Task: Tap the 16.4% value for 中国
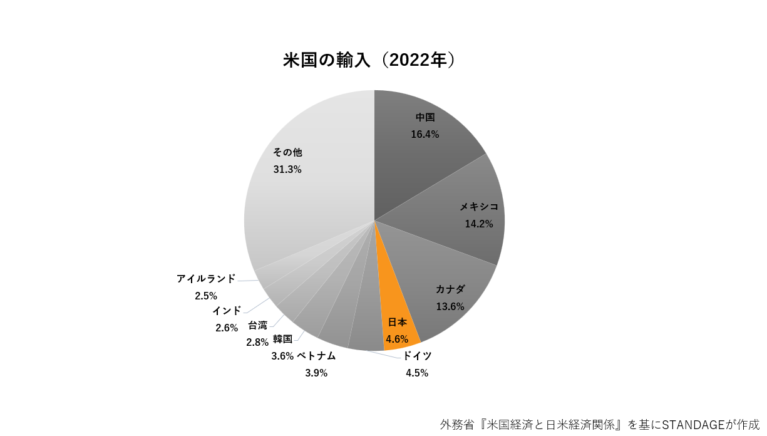(425, 134)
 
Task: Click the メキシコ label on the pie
(479, 207)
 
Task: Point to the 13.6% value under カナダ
(450, 306)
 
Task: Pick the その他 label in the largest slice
(287, 152)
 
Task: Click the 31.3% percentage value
(287, 169)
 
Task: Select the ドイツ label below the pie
(417, 356)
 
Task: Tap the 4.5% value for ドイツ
(417, 373)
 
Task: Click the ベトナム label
(316, 356)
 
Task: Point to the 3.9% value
(316, 373)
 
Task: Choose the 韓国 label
(282, 339)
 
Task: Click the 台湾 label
(257, 325)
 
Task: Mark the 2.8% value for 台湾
(257, 342)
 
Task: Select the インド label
(226, 310)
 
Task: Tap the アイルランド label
(206, 278)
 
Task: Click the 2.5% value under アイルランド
(206, 295)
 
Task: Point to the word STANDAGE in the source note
(691, 424)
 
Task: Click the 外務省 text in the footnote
(456, 424)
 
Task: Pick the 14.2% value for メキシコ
(479, 224)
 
